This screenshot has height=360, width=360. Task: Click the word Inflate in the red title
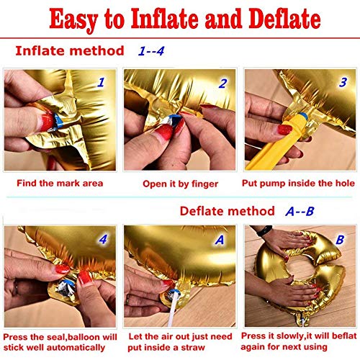point(165,19)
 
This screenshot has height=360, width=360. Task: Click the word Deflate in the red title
point(284,19)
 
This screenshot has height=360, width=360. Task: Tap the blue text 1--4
point(151,51)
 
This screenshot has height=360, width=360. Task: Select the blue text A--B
point(300,211)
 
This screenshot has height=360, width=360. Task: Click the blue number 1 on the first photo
point(102,82)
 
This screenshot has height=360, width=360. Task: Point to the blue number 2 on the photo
point(223,84)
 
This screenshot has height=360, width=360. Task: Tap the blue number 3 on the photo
point(343,82)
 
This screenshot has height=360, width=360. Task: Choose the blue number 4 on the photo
point(103,239)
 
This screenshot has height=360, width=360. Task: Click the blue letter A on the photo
point(220,240)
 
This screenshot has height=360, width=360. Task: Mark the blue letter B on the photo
point(340,239)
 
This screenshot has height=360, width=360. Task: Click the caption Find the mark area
point(60,184)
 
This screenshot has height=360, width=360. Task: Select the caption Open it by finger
point(181,184)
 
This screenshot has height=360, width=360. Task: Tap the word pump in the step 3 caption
point(273,184)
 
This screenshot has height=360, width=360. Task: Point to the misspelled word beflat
point(344,336)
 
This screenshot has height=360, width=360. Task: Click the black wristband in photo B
point(264,230)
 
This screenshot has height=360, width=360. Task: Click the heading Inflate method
point(70,51)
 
